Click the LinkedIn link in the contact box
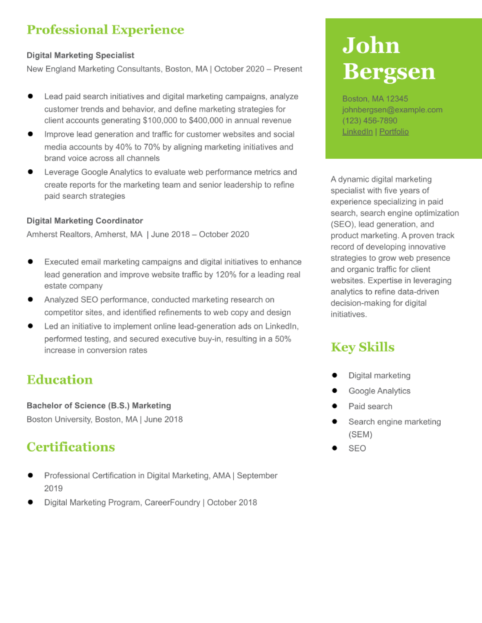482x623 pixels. point(357,132)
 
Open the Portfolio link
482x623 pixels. point(394,132)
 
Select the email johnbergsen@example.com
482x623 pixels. point(392,110)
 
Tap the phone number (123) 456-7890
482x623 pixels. point(370,121)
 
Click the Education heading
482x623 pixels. point(60,380)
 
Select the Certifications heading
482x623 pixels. point(71,447)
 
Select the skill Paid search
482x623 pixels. point(370,406)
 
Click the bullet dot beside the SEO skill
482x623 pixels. point(335,448)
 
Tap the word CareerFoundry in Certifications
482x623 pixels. point(172,503)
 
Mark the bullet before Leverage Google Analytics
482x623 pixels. point(30,172)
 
